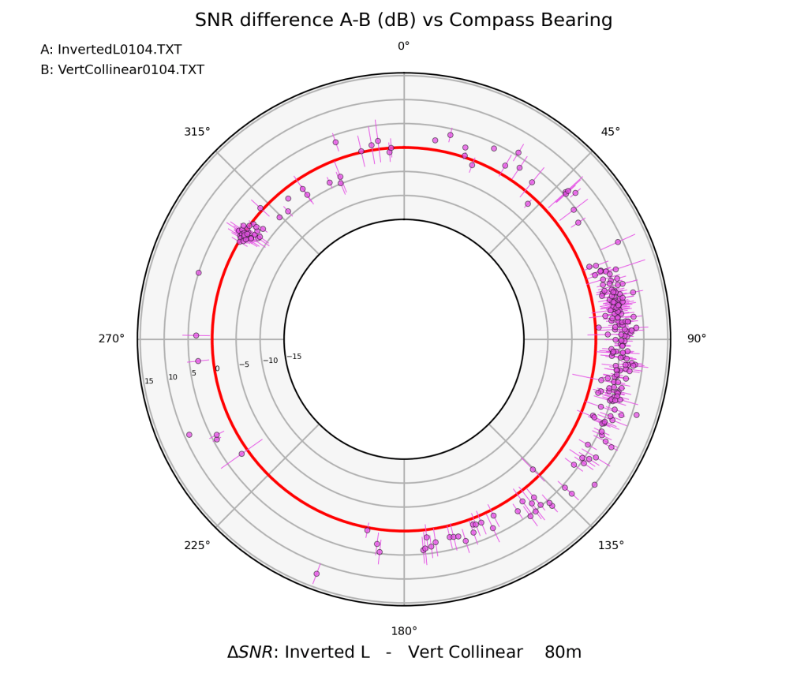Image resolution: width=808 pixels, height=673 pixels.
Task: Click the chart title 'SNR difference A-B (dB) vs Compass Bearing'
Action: pyautogui.click(x=403, y=21)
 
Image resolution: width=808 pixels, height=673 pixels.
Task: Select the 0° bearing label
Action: pyautogui.click(x=404, y=47)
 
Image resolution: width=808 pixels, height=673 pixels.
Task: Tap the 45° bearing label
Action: pyautogui.click(x=610, y=132)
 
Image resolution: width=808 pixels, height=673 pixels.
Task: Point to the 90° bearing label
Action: pyautogui.click(x=697, y=339)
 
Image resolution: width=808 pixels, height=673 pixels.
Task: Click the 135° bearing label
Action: pyautogui.click(x=610, y=545)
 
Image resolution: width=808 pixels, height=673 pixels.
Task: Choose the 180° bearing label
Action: pyautogui.click(x=404, y=631)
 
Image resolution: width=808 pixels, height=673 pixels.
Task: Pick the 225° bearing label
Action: pyautogui.click(x=197, y=545)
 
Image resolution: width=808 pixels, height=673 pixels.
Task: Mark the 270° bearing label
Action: pyautogui.click(x=111, y=339)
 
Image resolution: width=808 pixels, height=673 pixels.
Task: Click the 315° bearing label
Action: pyautogui.click(x=197, y=132)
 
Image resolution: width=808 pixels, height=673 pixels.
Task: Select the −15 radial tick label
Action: pyautogui.click(x=294, y=357)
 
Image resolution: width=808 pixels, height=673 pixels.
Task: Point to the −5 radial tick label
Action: pyautogui.click(x=244, y=365)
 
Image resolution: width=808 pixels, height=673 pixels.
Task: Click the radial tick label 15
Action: pyautogui.click(x=149, y=382)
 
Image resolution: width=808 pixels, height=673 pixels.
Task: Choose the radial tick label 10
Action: pyautogui.click(x=173, y=378)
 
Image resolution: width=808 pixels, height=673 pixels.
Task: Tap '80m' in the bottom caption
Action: pyautogui.click(x=563, y=652)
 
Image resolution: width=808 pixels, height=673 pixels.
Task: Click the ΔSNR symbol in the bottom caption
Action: pyautogui.click(x=249, y=652)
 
